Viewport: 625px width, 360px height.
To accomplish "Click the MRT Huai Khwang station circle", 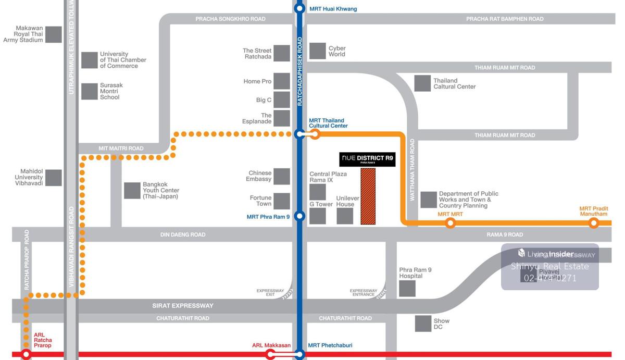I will tap(299, 8).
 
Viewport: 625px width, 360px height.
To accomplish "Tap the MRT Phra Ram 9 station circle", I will tap(299, 216).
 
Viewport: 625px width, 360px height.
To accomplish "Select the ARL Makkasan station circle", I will tap(270, 355).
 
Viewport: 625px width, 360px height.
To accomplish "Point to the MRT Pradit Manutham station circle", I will tap(593, 223).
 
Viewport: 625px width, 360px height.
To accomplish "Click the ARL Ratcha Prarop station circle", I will tap(26, 355).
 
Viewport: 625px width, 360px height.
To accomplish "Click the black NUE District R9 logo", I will tap(367, 159).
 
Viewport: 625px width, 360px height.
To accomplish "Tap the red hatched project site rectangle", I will tap(368, 196).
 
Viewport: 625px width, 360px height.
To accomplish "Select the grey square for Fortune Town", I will tap(282, 201).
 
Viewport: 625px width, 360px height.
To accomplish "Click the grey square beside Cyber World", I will tap(318, 51).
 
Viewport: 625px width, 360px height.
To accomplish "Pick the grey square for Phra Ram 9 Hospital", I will tap(407, 289).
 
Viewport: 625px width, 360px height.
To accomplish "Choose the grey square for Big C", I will tap(282, 100).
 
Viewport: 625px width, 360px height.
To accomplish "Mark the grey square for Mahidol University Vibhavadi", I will tap(54, 178).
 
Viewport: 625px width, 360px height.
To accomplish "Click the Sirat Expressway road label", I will tap(183, 306).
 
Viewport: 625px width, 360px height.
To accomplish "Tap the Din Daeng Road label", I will tap(183, 235).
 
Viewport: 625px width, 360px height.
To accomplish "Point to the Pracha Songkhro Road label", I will tap(230, 19).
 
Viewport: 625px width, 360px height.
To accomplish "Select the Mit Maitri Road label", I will tap(121, 148).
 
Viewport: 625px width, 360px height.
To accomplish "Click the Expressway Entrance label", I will tap(363, 293).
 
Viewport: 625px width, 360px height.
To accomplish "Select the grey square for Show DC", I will tap(423, 324).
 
